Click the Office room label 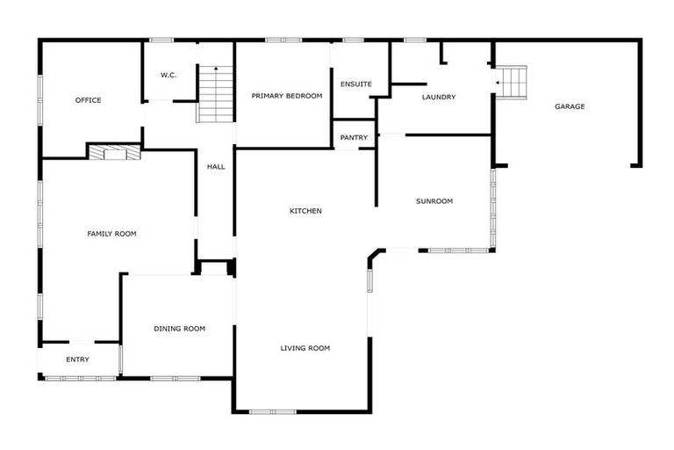coord(88,100)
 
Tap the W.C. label coord(168,76)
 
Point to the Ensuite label coord(356,84)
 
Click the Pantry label coord(354,137)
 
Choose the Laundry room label coord(439,97)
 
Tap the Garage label coord(570,106)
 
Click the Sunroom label coord(434,201)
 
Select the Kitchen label coord(305,211)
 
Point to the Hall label coord(216,166)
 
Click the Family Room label coord(111,234)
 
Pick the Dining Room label coord(179,329)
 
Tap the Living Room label coord(305,348)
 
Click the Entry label coord(77,359)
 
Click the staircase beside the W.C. coord(216,94)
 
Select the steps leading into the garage coord(513,83)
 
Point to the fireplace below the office coord(114,152)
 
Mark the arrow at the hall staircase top coord(216,69)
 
